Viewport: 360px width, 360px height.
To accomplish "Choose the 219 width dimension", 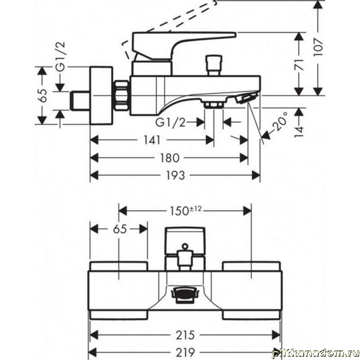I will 185,352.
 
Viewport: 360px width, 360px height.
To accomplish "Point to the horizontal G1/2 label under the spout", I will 170,122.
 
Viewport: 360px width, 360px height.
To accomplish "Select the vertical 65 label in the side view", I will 42,96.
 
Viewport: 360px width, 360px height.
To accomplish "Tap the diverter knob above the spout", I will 214,64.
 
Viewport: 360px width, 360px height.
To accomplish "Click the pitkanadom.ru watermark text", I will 319,352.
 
